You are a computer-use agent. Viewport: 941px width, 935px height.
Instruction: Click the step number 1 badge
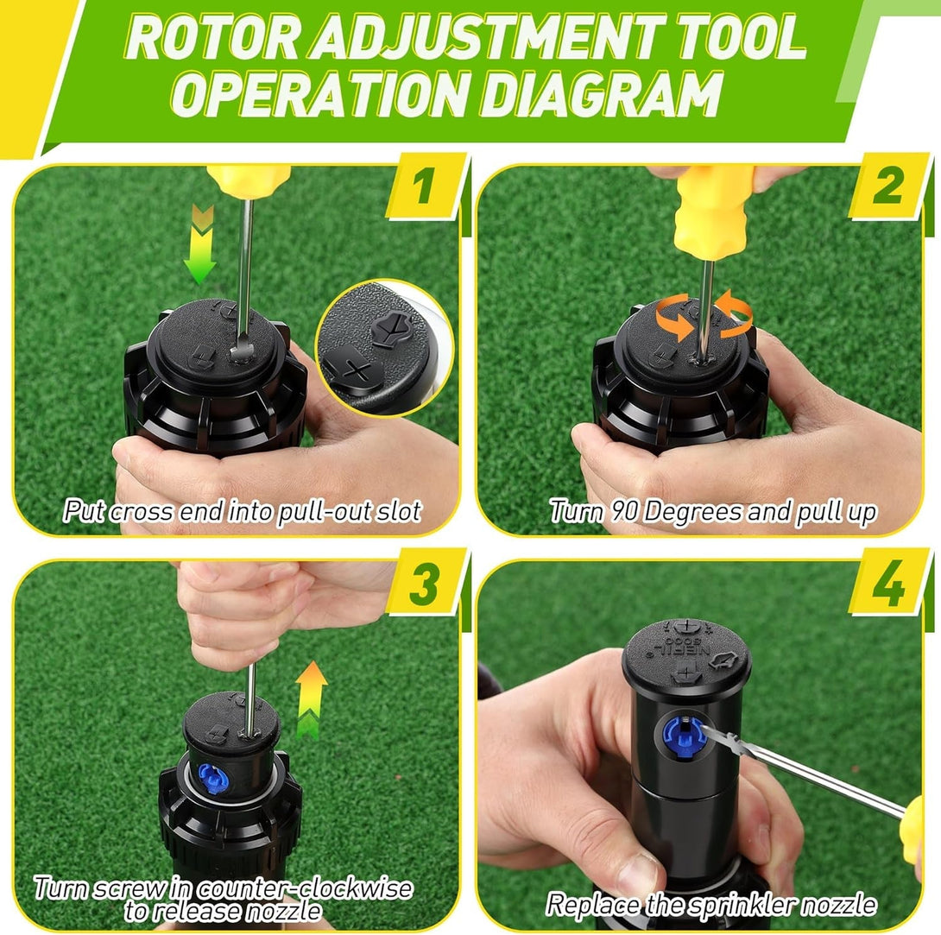pyautogui.click(x=422, y=187)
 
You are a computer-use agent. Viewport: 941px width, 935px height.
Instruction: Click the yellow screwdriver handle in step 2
pyautogui.click(x=715, y=207)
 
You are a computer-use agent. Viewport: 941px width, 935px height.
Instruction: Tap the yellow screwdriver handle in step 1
pyautogui.click(x=249, y=180)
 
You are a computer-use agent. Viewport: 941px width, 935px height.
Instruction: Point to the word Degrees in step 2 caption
pyautogui.click(x=693, y=511)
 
